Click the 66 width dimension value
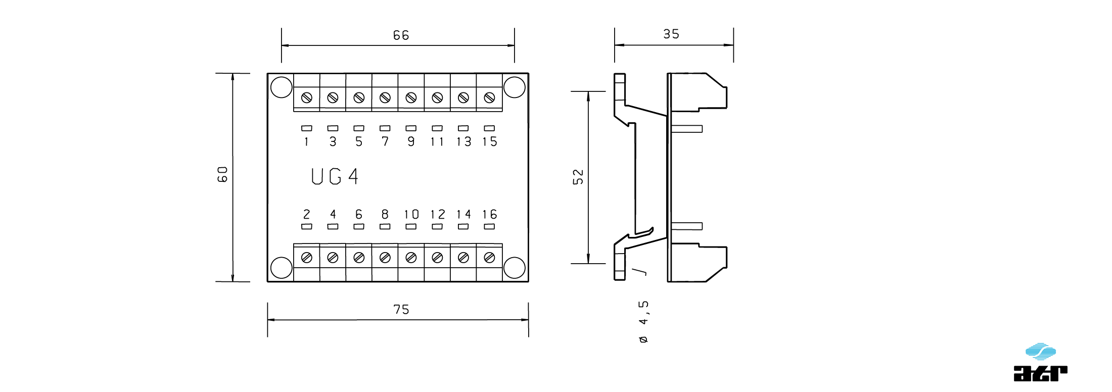coord(401,35)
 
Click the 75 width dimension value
coord(401,309)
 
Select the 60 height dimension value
coord(223,174)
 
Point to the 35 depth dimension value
coord(671,34)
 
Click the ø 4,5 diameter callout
coord(643,322)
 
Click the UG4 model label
coord(334,177)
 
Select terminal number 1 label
coord(306,142)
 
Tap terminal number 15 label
coord(489,142)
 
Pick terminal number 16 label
coord(489,215)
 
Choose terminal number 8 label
coord(385,215)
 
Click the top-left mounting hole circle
coord(281,87)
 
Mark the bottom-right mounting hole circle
coord(514,268)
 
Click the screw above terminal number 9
coord(411,97)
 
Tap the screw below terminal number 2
coord(306,258)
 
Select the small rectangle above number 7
coord(385,128)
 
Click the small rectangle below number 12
coord(437,226)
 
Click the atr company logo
coord(1040,362)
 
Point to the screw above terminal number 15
coord(489,97)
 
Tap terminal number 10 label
coord(411,215)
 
